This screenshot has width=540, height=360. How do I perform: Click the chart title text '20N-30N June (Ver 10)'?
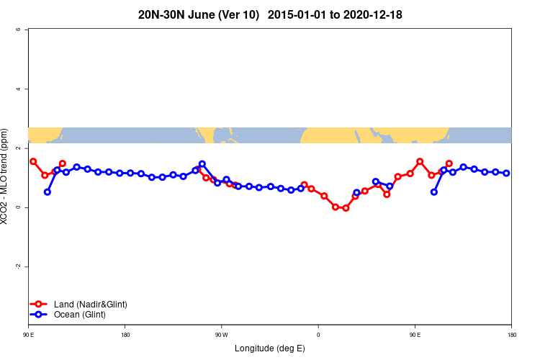[x=199, y=14]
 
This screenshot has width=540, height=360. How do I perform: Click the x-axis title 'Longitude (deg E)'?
[x=270, y=348]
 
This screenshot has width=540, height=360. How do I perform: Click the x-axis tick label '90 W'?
[x=221, y=335]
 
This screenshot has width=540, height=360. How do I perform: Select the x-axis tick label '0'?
[x=318, y=335]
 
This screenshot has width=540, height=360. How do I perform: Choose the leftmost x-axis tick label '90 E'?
[x=28, y=335]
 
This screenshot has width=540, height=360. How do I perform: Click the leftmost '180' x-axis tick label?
[x=125, y=335]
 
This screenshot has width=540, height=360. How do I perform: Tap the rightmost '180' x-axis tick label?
[x=511, y=335]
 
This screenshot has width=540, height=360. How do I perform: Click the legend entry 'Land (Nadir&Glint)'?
[x=90, y=305]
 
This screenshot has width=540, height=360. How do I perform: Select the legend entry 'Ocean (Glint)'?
[x=79, y=315]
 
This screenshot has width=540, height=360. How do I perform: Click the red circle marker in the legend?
[x=40, y=305]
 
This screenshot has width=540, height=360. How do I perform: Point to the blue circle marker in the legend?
[x=40, y=315]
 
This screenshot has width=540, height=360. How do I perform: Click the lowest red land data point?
[x=346, y=208]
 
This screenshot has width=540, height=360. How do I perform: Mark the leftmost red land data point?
[x=33, y=161]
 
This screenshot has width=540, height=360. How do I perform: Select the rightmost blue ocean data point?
[x=507, y=173]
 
